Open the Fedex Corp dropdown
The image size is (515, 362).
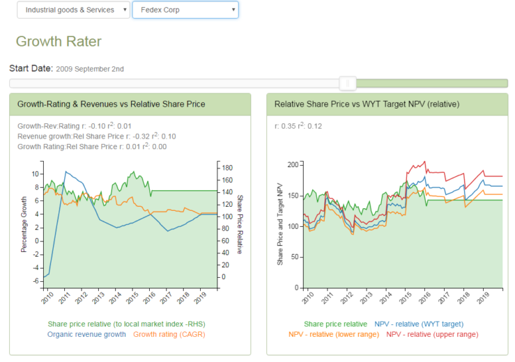185,10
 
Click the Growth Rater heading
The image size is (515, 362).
59,41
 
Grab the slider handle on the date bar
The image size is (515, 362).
348,84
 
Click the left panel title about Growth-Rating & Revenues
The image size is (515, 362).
111,104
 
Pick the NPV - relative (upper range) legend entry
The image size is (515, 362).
432,334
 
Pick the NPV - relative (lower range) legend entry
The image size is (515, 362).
334,334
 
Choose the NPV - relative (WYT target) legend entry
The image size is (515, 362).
418,324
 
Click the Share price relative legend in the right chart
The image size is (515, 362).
335,324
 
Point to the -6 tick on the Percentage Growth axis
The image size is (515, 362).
36,281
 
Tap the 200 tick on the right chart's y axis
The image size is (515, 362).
292,164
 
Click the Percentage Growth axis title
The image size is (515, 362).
24,224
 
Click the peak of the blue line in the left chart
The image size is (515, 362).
66,171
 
